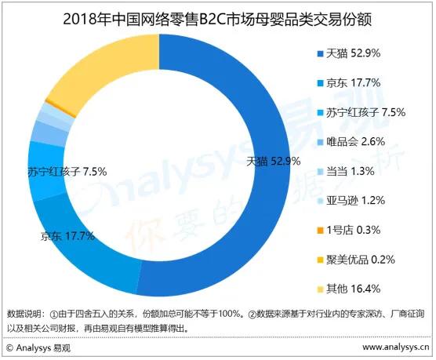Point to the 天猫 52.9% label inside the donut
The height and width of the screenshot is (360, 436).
click(274, 162)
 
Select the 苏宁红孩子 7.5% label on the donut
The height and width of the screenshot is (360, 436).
click(66, 171)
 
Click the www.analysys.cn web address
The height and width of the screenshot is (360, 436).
click(383, 345)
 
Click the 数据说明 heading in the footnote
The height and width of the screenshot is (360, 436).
click(24, 314)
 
